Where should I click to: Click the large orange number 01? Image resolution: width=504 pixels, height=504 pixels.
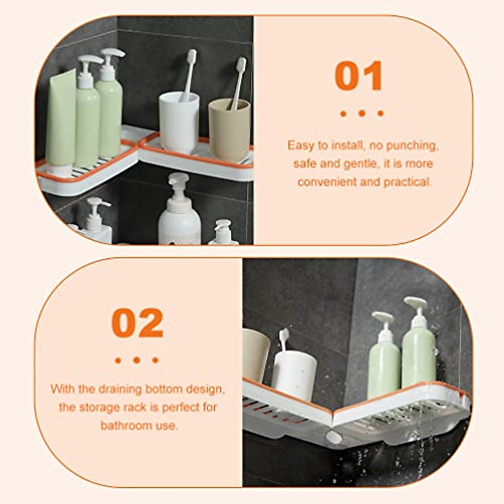pos(359,76)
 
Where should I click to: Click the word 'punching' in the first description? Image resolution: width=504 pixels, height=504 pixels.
pos(412,145)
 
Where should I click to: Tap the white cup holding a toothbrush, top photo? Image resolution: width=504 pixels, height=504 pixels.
pos(179,122)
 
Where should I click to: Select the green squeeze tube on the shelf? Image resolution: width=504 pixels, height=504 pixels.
pos(61,122)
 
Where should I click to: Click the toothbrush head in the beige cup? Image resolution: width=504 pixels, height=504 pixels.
pos(241,65)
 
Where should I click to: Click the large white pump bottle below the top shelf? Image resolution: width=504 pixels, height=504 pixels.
pos(179,214)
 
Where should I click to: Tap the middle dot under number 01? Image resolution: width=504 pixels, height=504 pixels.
pos(362,113)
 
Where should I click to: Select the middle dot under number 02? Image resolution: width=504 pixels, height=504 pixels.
pos(136,360)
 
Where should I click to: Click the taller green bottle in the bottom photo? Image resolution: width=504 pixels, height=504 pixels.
pos(418,349)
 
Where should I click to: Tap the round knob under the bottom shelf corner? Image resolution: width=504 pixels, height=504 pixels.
pos(334,437)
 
